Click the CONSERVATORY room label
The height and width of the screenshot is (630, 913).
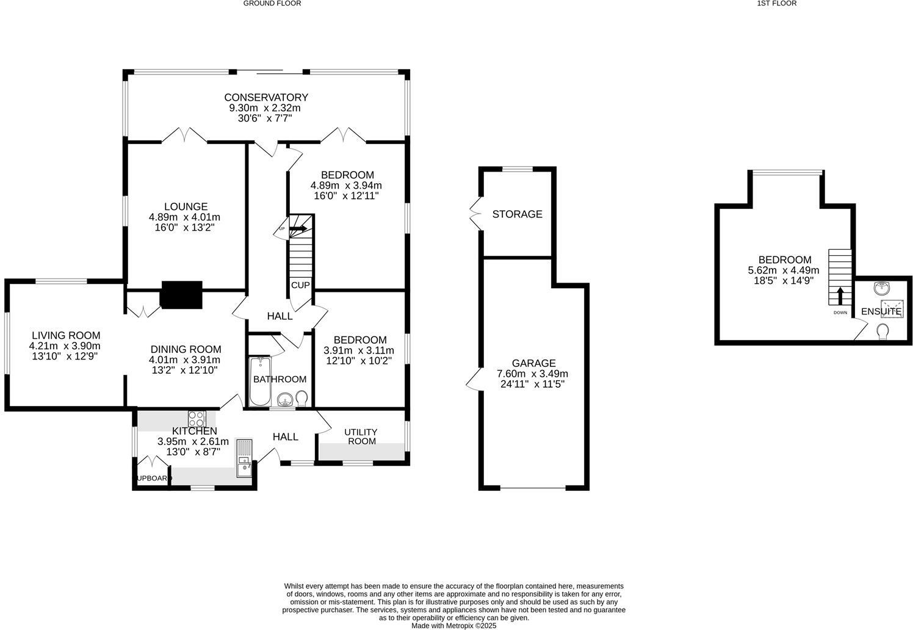pos(266,98)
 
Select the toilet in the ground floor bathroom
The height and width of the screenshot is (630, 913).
pos(301,398)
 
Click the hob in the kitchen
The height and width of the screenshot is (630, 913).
pos(197,419)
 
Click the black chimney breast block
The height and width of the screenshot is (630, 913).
pos(181,295)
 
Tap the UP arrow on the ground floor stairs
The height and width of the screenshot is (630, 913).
pos(298,229)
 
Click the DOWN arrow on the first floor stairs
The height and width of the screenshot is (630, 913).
pos(840,296)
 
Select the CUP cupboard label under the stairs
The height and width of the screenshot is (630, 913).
pos(300,285)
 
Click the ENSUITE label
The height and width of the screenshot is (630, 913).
pos(881,311)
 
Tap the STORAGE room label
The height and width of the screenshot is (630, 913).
pos(517,214)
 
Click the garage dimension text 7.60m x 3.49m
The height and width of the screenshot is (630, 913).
pos(533,374)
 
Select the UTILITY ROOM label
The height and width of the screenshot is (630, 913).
pos(361,436)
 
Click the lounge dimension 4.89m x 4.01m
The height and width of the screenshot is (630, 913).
pos(184,217)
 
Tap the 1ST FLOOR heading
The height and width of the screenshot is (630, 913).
pos(776,3)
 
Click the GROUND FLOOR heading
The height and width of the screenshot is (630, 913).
pos(272,3)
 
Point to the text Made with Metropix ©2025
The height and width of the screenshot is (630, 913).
pos(453,626)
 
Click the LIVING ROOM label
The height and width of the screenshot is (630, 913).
pos(66,335)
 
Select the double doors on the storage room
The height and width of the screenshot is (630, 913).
pos(475,214)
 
